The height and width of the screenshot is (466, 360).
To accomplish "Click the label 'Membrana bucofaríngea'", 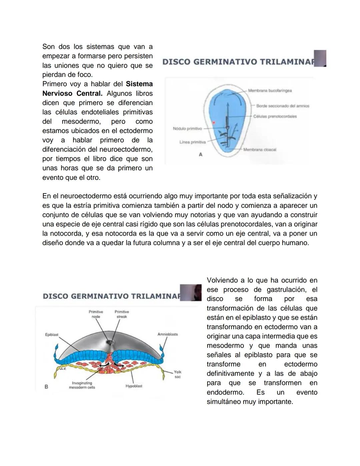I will [x=270, y=90].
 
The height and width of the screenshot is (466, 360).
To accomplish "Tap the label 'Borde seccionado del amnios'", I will [x=282, y=106].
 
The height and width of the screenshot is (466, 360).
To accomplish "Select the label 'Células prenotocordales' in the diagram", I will [x=275, y=116].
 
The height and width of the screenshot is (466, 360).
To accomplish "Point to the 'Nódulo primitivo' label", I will [x=187, y=128].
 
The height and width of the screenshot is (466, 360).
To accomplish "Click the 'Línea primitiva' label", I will [x=192, y=142].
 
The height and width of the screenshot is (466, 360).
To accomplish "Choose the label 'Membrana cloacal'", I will [x=260, y=150].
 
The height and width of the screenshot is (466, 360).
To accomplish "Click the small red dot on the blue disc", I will [x=214, y=123].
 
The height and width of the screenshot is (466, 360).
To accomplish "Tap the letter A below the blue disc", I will [x=200, y=154].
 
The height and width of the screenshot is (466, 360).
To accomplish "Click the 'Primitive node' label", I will [x=96, y=314].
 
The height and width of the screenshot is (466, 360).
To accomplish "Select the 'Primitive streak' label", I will [x=122, y=314].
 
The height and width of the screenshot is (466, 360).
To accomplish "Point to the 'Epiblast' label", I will [x=52, y=335].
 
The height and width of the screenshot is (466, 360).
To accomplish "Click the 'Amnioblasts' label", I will [x=167, y=334].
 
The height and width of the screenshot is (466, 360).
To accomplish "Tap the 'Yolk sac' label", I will [x=177, y=374].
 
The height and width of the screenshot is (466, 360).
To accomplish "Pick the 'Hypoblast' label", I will [x=134, y=386].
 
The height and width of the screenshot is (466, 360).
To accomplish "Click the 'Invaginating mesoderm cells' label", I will [x=82, y=385].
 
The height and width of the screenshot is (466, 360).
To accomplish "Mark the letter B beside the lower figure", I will [x=46, y=387].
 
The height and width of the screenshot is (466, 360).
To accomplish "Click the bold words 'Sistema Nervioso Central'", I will [x=97, y=89].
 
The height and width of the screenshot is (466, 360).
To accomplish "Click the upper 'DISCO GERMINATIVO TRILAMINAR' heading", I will [x=238, y=62].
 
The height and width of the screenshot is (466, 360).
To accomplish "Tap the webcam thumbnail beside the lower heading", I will [x=191, y=293].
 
